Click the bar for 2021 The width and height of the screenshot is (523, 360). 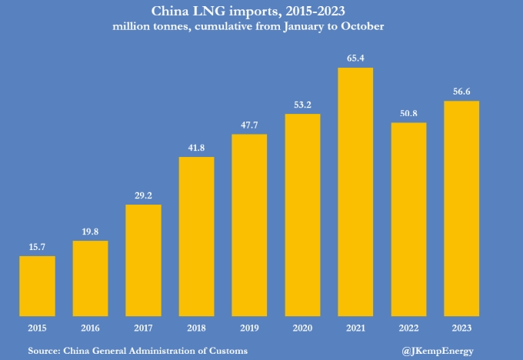[355, 192]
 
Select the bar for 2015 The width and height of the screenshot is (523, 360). [37, 286]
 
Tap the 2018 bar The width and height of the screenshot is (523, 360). [196, 237]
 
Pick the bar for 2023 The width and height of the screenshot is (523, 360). [461, 208]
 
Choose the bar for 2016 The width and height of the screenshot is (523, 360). [90, 278]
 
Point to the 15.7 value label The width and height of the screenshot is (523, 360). [37, 247]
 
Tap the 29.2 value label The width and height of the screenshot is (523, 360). [143, 196]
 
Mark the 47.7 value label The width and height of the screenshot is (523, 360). [249, 125]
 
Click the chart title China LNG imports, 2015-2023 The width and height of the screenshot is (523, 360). [261, 11]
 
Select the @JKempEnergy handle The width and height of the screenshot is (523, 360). [438, 351]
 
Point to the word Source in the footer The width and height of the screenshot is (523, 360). [43, 351]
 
